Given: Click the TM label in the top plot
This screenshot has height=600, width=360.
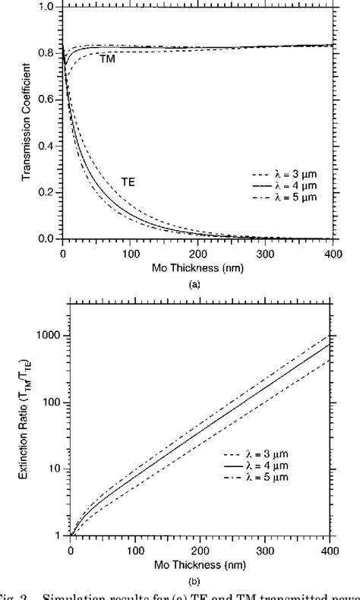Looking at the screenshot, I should pyautogui.click(x=108, y=58).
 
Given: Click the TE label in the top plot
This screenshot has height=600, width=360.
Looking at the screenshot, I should pyautogui.click(x=129, y=182).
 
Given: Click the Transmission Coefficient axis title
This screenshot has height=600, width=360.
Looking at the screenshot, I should pyautogui.click(x=27, y=124).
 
